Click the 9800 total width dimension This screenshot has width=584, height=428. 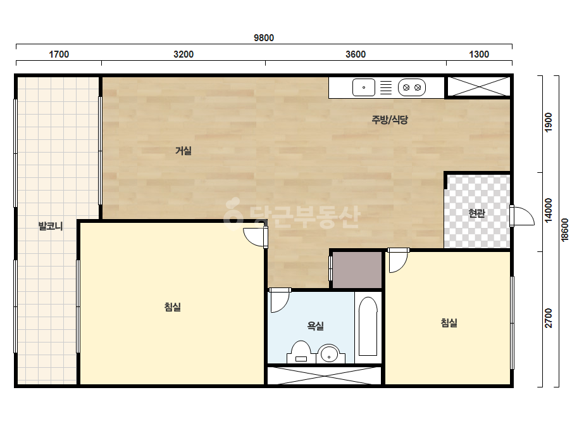tap(264, 37)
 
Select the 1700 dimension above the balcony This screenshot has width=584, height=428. tap(59, 54)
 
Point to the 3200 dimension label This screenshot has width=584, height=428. tap(183, 54)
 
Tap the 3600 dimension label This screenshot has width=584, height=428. tap(356, 54)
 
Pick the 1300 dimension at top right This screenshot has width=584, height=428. tap(478, 54)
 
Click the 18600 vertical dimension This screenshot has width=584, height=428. tap(564, 230)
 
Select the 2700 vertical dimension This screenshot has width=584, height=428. tap(548, 318)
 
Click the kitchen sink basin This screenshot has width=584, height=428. tap(364, 87)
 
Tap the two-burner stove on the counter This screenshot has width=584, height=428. tap(411, 87)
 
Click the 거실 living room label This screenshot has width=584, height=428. tap(183, 151)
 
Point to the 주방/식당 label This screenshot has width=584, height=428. tap(390, 119)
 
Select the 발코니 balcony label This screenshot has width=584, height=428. tap(51, 226)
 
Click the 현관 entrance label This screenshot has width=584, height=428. tap(476, 213)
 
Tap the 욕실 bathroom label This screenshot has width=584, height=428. tap(315, 326)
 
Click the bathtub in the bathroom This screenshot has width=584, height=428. tap(368, 327)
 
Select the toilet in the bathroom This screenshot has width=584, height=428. tap(301, 352)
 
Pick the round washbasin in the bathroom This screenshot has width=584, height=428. tap(329, 353)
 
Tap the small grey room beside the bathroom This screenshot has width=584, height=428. tap(357, 270)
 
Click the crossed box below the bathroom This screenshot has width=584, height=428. tap(324, 375)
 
